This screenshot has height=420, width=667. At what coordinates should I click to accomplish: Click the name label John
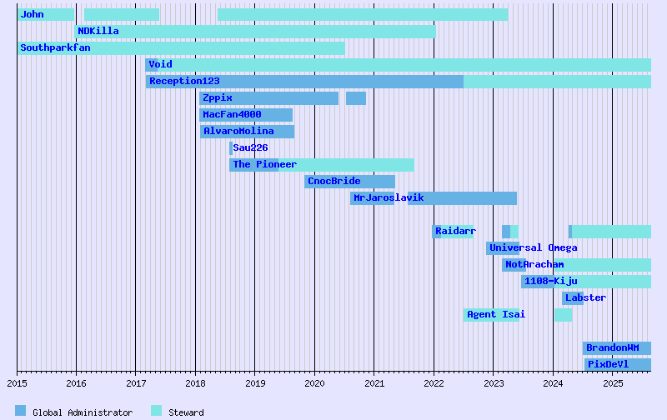[33, 14]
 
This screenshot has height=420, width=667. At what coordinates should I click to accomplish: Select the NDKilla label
[98, 31]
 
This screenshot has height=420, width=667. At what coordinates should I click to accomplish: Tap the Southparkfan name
[55, 47]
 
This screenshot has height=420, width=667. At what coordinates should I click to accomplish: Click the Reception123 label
[184, 81]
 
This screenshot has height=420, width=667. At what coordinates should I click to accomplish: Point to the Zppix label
[217, 97]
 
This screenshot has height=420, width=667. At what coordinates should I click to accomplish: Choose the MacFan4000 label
[232, 114]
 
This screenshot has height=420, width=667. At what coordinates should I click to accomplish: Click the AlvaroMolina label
[238, 131]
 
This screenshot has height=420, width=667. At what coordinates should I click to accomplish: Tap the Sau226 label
[250, 147]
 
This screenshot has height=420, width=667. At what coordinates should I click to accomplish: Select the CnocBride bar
[349, 181]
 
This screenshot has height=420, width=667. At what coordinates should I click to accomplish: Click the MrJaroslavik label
[389, 197]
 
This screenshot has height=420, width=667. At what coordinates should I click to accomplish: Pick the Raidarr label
[455, 231]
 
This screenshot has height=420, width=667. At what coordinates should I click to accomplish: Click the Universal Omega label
[533, 247]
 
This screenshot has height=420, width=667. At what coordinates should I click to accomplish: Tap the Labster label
[585, 297]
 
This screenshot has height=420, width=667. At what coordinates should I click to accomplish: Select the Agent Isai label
[496, 314]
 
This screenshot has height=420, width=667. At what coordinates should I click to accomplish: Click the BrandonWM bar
[617, 347]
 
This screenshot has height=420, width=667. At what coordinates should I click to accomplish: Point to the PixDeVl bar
[617, 364]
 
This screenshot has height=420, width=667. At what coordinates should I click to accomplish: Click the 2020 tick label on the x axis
[314, 383]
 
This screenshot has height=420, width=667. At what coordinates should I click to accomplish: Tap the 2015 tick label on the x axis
[17, 383]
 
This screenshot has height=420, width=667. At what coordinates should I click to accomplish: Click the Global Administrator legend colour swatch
[21, 411]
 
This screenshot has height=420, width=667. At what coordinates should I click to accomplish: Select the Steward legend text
[186, 412]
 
